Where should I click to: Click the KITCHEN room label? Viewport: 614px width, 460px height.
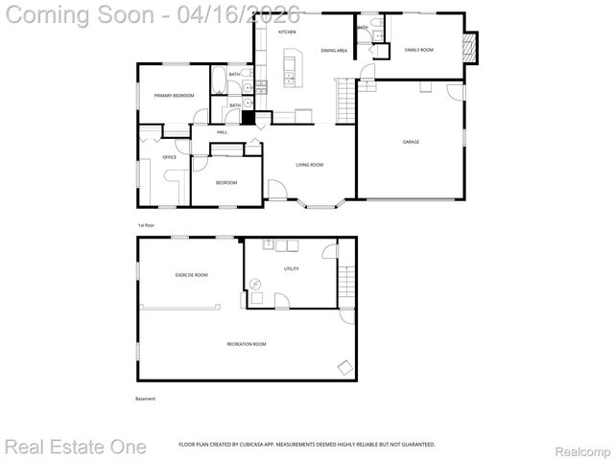[x=287, y=33]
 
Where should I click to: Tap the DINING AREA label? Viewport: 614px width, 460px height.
[x=334, y=50]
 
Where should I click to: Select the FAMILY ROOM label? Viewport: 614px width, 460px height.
[x=419, y=49]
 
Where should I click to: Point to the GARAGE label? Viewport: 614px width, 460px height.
[x=411, y=142]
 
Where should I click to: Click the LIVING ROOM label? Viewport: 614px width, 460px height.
[x=309, y=165]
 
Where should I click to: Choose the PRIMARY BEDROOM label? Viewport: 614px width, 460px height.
[x=175, y=96]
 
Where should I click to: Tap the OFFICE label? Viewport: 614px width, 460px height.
[x=169, y=157]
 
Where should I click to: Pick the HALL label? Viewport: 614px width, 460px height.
[x=222, y=132]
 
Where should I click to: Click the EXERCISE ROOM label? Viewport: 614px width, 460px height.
[x=191, y=275]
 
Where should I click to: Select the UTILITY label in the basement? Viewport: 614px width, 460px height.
[x=291, y=269]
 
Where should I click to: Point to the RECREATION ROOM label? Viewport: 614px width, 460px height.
[x=247, y=344]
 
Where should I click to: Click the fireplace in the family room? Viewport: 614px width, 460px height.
[x=469, y=45]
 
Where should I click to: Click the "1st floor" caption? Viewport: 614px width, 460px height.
[x=146, y=225]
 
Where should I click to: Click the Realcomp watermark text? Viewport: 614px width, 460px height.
[x=581, y=447]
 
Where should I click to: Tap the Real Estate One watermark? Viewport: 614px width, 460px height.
[x=76, y=447]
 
